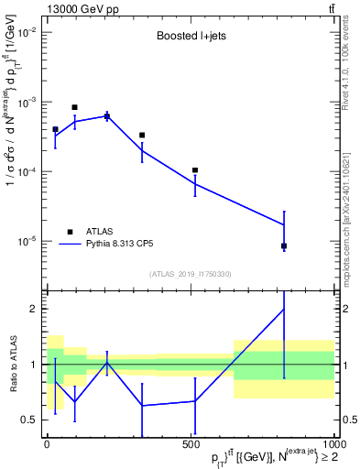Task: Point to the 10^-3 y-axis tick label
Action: (27, 103)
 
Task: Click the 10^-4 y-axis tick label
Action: (27, 172)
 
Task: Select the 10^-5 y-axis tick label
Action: (27, 242)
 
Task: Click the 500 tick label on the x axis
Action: (191, 444)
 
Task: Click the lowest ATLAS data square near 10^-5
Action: (284, 245)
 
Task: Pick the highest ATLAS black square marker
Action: (74, 107)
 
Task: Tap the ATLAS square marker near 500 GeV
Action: (195, 170)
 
